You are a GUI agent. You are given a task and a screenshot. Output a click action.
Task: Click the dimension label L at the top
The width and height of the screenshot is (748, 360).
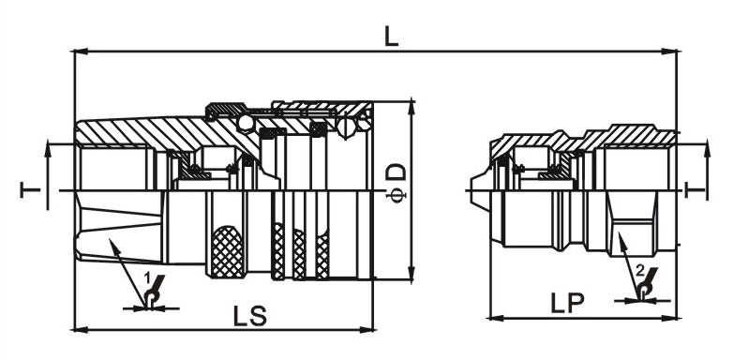pos(391,36)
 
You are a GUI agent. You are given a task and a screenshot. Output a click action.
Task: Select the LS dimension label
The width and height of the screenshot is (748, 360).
pos(250,316)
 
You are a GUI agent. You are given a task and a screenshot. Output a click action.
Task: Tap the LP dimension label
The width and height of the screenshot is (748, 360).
pos(568,302)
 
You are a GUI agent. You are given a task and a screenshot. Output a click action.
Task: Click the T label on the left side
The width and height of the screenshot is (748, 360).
pos(30,189)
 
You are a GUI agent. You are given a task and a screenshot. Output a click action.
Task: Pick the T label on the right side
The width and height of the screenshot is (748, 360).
pos(696,189)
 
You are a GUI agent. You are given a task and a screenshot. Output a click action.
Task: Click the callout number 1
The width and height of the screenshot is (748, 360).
pos(147,277)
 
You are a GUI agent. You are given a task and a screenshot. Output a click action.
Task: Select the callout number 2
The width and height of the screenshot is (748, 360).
pos(640,272)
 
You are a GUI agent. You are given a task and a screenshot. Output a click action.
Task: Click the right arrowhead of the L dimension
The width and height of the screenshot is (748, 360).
pos(670,51)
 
